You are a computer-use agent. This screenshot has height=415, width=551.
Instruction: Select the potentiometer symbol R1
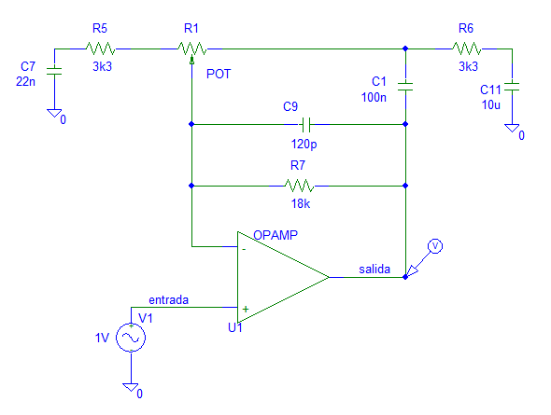pyautogui.click(x=191, y=48)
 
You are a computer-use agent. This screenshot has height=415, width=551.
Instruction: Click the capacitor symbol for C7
pyautogui.click(x=52, y=71)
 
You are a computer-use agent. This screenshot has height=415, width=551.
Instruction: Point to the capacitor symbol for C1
pyautogui.click(x=404, y=86)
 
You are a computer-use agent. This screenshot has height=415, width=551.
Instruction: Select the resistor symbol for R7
pyautogui.click(x=299, y=185)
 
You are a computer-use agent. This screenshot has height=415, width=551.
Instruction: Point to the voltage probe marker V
pyautogui.click(x=431, y=246)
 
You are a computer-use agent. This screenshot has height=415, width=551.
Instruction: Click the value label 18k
pyautogui.click(x=299, y=203)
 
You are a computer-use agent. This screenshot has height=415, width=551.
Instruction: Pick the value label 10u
pyautogui.click(x=489, y=105)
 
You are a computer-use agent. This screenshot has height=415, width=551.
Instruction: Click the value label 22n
pyautogui.click(x=26, y=82)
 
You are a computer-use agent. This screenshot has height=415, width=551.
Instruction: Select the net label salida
pyautogui.click(x=375, y=270)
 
